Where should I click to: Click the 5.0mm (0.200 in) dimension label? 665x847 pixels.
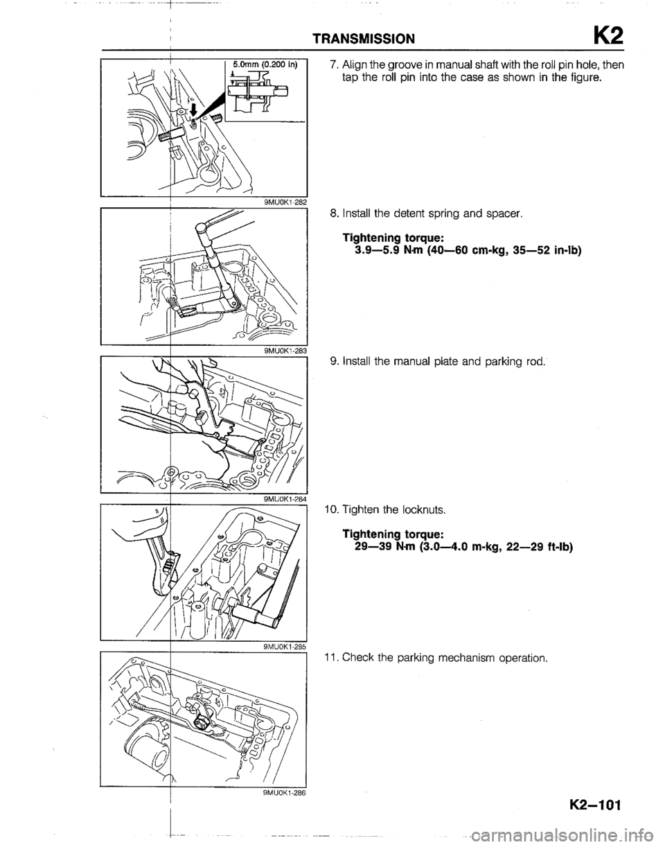pyautogui.click(x=265, y=64)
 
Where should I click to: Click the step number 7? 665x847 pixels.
pyautogui.click(x=332, y=65)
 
